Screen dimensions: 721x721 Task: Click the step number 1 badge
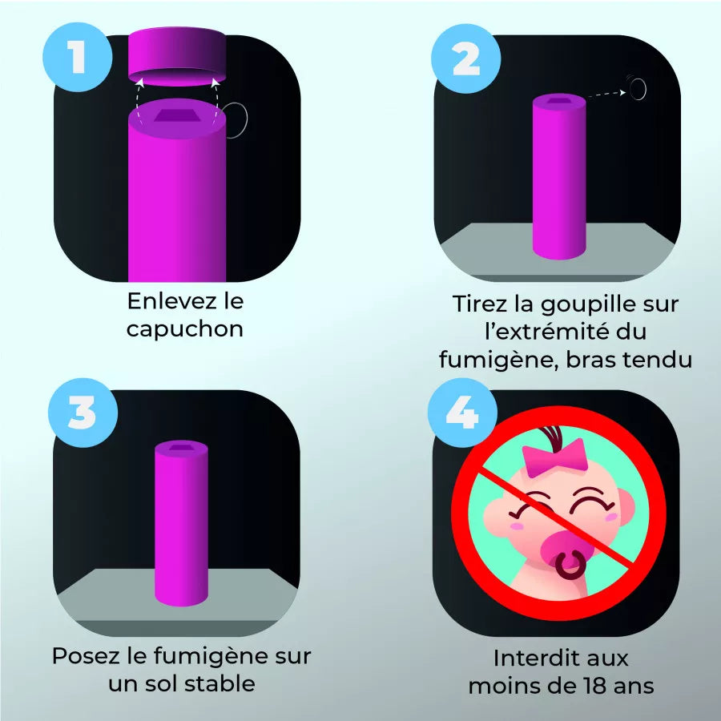click(77, 60)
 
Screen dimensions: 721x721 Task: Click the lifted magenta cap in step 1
click(177, 56)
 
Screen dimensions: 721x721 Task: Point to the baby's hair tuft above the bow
click(554, 437)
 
